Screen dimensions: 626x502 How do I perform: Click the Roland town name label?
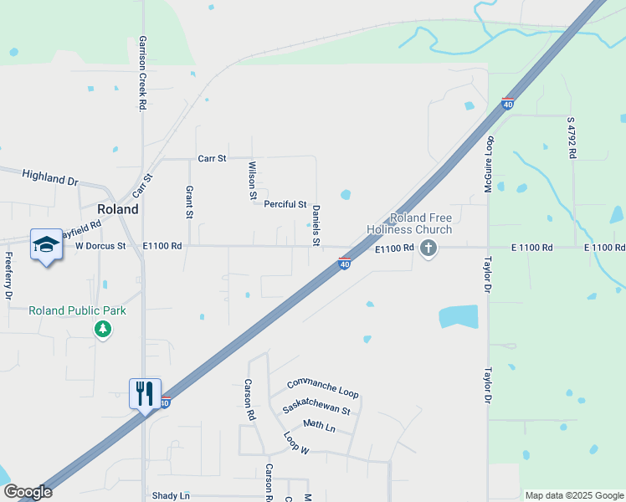pos(118,209)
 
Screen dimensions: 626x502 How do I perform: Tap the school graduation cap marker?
pos(46,244)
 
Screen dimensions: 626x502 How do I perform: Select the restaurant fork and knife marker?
pos(145,392)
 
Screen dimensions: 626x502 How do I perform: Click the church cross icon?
pos(428,247)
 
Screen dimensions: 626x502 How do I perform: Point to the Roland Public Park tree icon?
pos(103,329)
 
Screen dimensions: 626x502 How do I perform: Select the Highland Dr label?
pos(49,177)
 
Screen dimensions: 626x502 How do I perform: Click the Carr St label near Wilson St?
pos(213,158)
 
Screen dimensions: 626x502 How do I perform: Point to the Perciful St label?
pos(285,204)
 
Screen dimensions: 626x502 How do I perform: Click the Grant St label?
pos(189,203)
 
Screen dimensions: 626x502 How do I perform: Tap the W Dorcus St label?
pos(100,246)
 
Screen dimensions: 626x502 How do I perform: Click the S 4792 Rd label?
pos(572,137)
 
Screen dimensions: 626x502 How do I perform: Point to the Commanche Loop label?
pos(322,387)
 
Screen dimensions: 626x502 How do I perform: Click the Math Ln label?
pos(319,426)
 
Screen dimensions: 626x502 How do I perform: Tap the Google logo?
pos(28,492)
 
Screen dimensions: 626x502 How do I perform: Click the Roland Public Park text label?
pos(77,310)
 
